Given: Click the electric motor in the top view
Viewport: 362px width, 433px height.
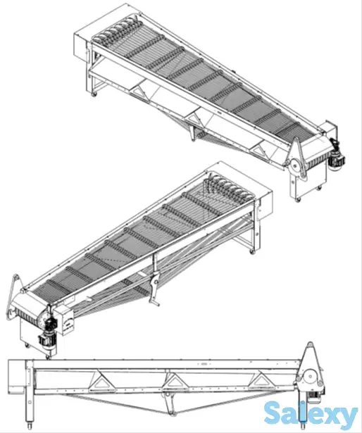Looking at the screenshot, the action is [x=337, y=156].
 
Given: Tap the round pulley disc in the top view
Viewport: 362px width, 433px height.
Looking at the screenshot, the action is [x=295, y=167].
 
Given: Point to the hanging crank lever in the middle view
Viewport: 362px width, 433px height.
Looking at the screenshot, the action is [x=154, y=287].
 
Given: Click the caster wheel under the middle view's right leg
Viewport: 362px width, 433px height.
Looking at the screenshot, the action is [x=251, y=251].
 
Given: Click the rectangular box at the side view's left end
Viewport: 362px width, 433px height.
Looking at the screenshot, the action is [x=17, y=376].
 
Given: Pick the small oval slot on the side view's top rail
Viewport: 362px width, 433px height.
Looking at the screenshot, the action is [x=205, y=364].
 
